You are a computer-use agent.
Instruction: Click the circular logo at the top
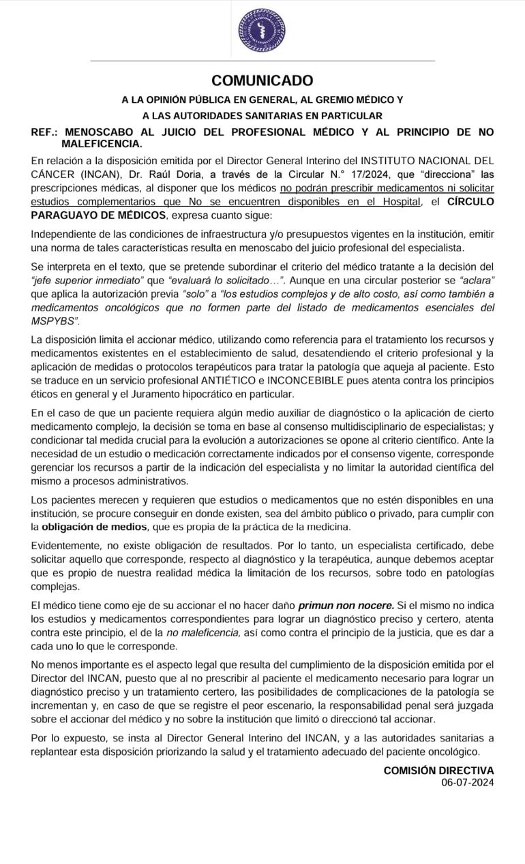[x=262, y=31]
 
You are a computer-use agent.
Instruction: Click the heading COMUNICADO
[x=262, y=81]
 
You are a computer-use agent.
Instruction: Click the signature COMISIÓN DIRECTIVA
[x=438, y=770]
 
